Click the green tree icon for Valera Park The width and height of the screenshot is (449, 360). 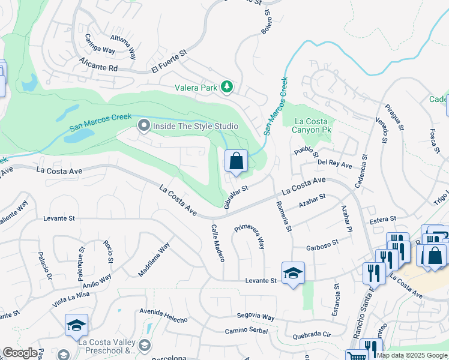tap(226, 88)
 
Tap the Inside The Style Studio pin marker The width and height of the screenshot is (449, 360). tap(143, 126)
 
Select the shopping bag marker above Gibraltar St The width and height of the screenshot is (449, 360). tap(236, 161)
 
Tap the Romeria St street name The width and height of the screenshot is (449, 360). tap(286, 216)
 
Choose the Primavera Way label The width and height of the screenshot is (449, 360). tap(250, 237)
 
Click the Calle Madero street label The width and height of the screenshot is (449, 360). tap(217, 243)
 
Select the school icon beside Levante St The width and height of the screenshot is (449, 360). tap(293, 274)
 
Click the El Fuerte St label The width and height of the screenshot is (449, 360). tap(169, 61)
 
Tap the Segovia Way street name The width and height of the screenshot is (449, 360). tap(255, 316)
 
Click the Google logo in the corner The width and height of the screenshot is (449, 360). tap(20, 353)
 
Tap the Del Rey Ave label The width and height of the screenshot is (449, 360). tap(334, 163)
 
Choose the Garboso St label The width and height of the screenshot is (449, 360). tap(322, 245)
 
